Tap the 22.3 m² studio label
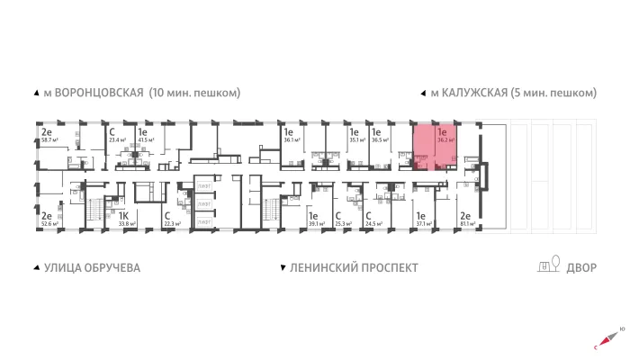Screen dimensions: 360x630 click(173, 225)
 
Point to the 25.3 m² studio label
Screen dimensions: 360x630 click(342, 225)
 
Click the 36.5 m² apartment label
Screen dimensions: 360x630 click(381, 140)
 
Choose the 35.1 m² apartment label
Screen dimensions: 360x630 click(355, 140)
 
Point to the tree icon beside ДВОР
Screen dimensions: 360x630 click(556, 265)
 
